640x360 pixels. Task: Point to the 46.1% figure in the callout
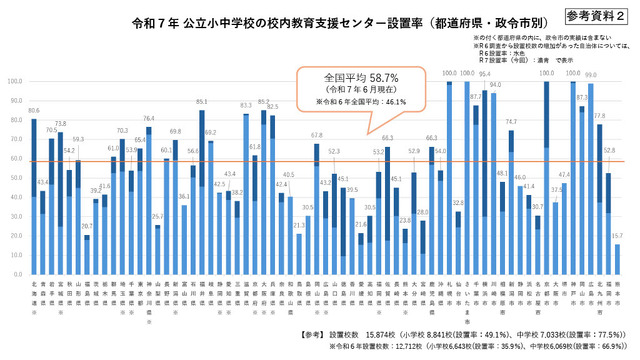coord(389,101)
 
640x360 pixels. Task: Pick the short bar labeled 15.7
coord(617,256)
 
